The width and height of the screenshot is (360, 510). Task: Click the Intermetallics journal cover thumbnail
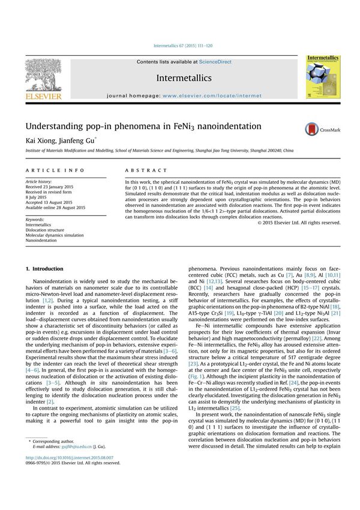click(x=323, y=77)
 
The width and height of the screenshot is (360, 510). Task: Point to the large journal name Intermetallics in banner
click(x=184, y=78)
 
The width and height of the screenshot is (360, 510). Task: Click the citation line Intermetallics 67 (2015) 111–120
click(x=183, y=46)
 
